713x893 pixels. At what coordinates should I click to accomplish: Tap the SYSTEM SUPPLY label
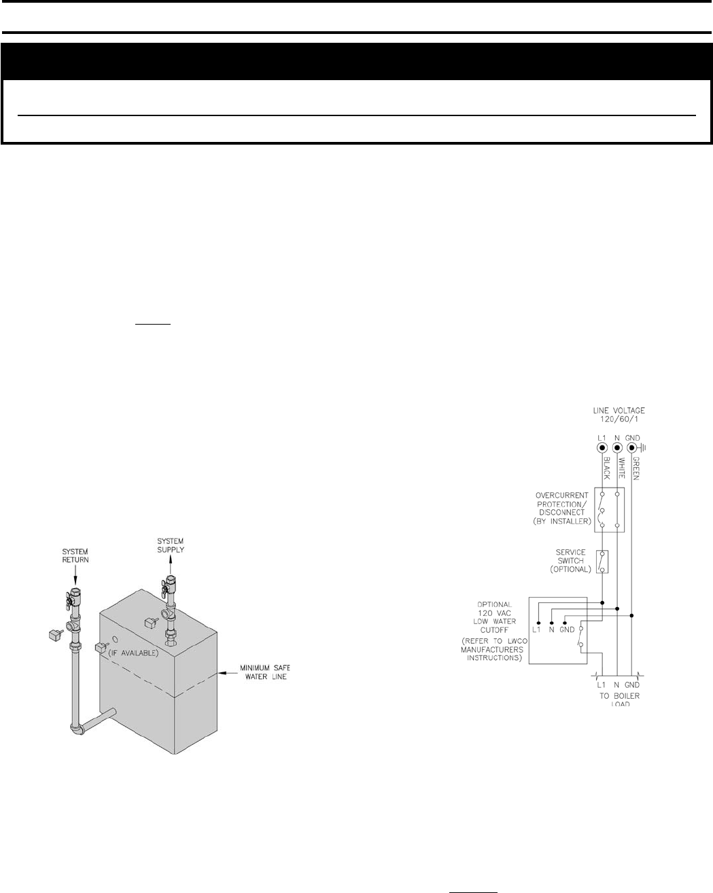170,545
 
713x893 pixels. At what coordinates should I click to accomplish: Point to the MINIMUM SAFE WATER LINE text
264,673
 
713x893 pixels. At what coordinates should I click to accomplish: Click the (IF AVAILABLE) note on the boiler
133,653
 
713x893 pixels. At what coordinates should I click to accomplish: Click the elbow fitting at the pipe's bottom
78,729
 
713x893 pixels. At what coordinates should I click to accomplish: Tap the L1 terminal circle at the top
602,449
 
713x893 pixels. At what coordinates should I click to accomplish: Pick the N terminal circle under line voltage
617,449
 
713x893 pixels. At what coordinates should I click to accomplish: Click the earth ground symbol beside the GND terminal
643,448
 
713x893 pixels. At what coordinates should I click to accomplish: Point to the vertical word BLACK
606,468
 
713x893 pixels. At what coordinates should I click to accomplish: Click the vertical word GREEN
637,468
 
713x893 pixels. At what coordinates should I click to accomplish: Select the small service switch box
602,562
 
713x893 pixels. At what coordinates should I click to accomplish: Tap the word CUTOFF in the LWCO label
495,630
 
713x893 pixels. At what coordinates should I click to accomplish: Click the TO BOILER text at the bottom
619,696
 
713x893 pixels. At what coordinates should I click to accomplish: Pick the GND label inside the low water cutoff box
567,630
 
